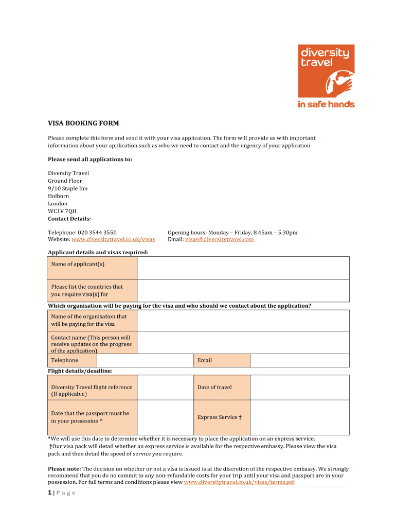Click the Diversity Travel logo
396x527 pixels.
(327, 76)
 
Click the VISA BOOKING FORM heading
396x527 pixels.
(83, 124)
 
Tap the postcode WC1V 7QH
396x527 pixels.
(62, 211)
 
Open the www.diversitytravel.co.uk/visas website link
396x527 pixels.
(113, 239)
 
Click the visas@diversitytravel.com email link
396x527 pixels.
(219, 239)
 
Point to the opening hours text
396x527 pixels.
(232, 233)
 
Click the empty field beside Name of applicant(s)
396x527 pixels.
(243, 268)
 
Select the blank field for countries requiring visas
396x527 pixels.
(243, 290)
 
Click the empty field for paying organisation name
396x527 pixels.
(243, 320)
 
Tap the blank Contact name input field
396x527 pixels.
(243, 342)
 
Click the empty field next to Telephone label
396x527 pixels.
(146, 360)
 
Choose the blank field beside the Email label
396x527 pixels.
(299, 360)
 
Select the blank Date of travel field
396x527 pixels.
(299, 388)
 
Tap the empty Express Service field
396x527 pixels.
(299, 417)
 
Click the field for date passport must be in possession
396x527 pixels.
(165, 417)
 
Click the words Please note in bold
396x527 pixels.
(64, 469)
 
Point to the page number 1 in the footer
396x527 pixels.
(50, 493)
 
